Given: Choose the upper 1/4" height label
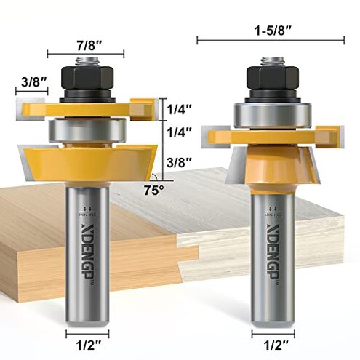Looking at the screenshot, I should [x=180, y=108].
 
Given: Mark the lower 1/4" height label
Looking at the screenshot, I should [x=180, y=132].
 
